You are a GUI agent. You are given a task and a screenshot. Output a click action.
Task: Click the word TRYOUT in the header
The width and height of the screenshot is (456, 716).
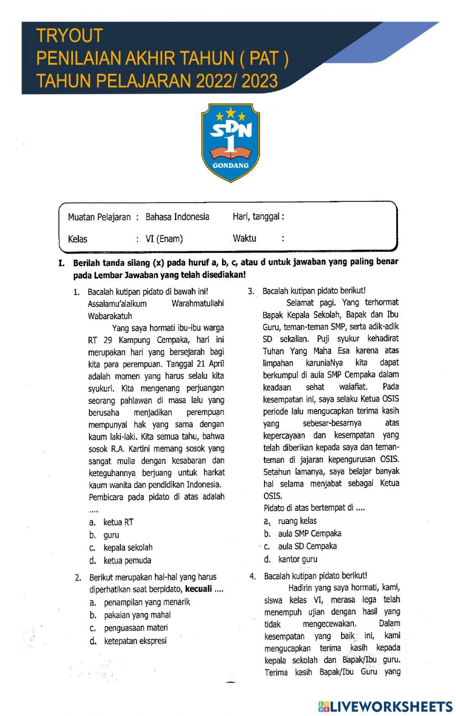pos(69,36)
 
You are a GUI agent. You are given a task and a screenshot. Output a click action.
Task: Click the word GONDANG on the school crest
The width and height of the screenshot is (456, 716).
pos(231,166)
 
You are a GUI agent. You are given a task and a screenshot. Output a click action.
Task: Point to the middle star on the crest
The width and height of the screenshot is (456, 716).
pos(231,111)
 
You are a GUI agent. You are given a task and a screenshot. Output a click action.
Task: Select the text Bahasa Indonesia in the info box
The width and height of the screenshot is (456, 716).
pos(177,217)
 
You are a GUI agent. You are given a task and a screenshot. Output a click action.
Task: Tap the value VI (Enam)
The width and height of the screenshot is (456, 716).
pos(164,239)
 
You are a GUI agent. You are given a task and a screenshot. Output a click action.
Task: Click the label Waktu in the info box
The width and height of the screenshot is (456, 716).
pos(244,238)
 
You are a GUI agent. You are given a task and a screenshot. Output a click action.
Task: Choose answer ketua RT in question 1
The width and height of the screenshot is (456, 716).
pos(118,522)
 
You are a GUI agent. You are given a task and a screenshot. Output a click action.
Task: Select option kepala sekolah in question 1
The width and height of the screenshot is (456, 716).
pos(128,548)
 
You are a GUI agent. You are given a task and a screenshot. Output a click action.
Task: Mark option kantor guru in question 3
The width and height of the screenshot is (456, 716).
pos(297,559)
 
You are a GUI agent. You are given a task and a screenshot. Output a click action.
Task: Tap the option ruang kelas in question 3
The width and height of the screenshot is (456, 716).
pos(297,521)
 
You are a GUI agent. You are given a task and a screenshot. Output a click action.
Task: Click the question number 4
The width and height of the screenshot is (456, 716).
pos(252,576)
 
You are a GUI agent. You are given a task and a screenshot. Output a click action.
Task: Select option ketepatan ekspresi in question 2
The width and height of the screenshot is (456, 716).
pos(135,641)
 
